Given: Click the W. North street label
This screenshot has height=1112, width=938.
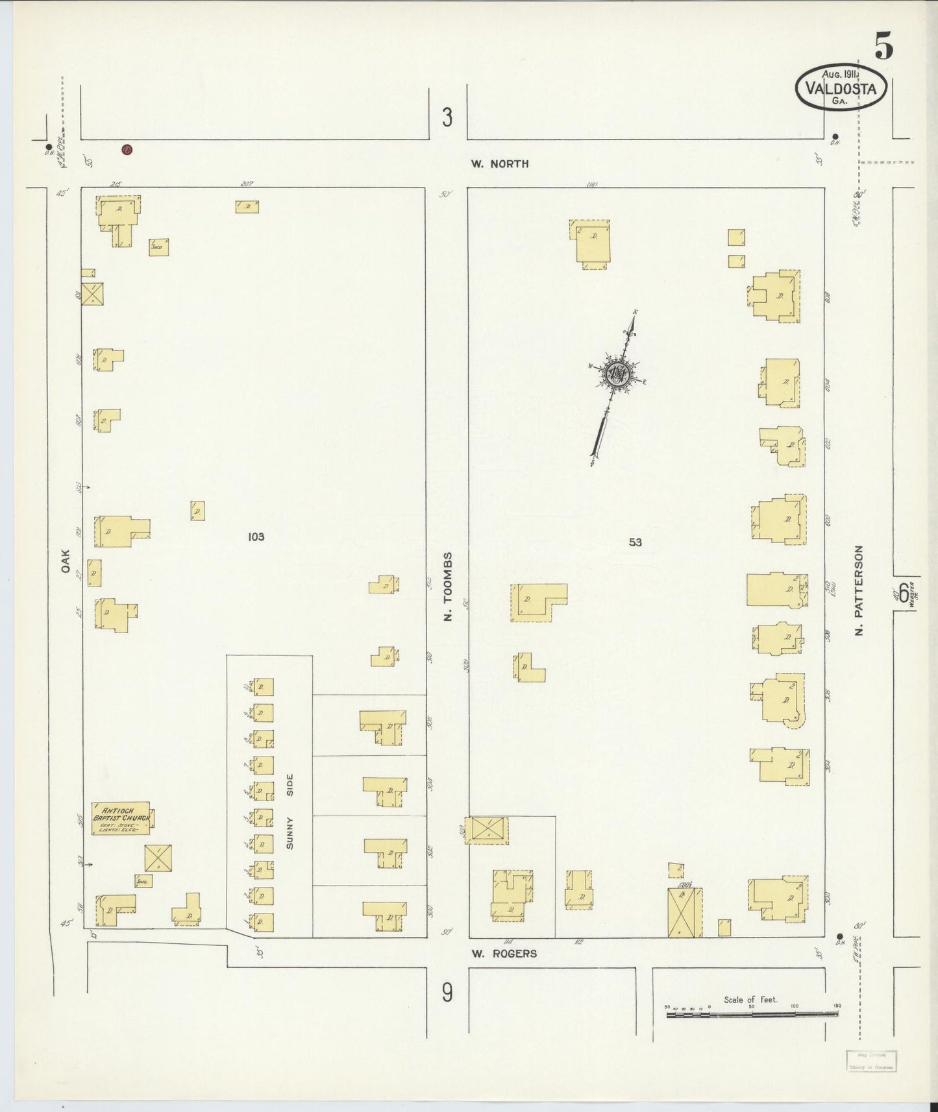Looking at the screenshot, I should (500, 164).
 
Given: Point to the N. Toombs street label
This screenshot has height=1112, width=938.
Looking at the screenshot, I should (447, 586).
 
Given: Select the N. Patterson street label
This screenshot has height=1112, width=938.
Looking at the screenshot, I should (859, 590).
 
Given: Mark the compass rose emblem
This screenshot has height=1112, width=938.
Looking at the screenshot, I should (616, 374).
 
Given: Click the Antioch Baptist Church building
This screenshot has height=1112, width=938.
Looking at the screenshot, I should (121, 817).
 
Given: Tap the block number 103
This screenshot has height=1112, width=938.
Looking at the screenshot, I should (256, 537).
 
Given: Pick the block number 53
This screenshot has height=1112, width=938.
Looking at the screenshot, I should (635, 542).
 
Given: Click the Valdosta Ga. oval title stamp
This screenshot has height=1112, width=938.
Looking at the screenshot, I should (841, 87).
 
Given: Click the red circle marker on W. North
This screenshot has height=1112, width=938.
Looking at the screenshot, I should (127, 150).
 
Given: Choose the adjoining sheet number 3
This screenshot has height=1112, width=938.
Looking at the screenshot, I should (447, 117).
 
